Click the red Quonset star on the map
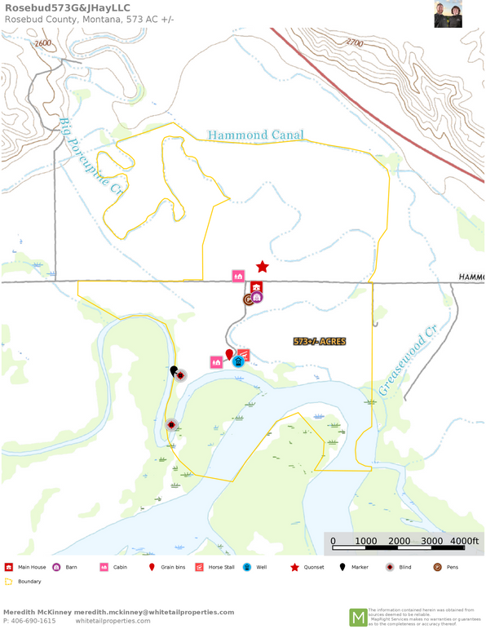tap(263, 267)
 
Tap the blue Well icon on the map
tap(237, 361)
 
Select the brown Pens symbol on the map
tap(248, 299)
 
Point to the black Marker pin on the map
tap(174, 371)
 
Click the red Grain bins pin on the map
tap(228, 353)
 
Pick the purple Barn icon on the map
tap(257, 297)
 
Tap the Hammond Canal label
tap(255, 135)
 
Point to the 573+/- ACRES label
tap(319, 341)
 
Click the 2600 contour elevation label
tap(43, 43)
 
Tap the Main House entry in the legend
tap(27, 567)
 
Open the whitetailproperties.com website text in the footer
tap(113, 621)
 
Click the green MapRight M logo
tap(358, 618)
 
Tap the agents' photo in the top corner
tap(448, 14)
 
